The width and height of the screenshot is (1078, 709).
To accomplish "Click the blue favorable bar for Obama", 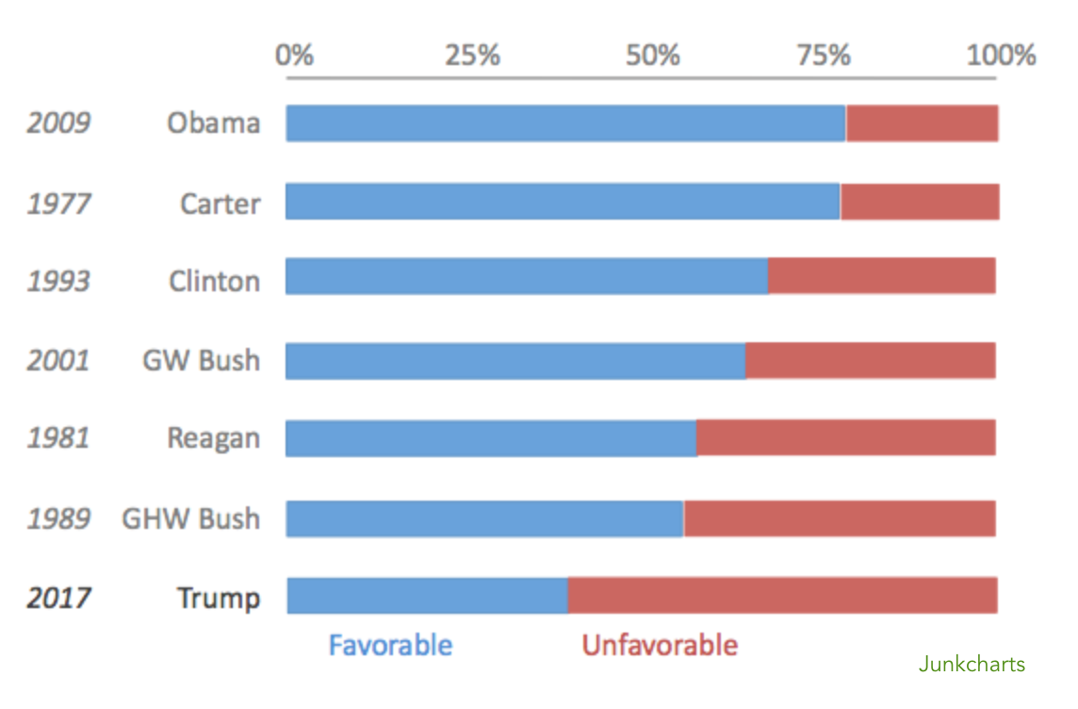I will coord(565,124).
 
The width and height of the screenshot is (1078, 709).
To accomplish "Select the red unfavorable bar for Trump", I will coord(782,596).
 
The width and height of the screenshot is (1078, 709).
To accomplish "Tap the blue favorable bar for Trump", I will coord(427,596).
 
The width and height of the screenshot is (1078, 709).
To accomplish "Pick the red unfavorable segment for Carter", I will coord(920,202).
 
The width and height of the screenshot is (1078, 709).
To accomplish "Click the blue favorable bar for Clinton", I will coord(527,276).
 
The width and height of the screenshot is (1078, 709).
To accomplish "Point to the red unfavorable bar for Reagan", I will coord(846,438).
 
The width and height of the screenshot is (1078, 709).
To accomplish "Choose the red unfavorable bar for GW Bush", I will coord(871,361).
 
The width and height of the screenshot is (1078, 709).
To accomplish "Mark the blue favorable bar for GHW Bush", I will coord(484,519).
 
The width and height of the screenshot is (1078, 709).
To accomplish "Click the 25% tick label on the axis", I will coord(472,56).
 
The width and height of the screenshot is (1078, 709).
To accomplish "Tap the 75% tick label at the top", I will coord(825,56).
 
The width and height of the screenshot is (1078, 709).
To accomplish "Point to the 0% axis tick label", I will coord(294,56).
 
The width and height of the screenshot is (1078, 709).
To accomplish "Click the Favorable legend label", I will coord(390,646).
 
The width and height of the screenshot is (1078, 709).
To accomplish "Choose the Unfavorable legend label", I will coord(660,646).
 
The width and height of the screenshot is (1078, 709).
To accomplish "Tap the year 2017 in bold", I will coord(58,598).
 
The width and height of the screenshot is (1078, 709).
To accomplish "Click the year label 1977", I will coord(58,204).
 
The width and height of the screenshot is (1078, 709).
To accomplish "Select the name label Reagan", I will coord(213,438).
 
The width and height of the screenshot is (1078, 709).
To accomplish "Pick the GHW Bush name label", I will coord(190,519).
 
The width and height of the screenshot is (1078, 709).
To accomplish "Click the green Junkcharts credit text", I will coord(972,665).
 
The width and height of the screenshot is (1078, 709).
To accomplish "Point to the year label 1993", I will coord(58,281).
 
